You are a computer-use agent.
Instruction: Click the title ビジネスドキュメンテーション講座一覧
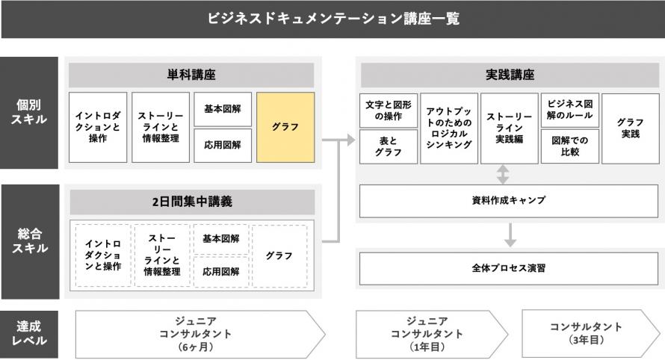(333, 19)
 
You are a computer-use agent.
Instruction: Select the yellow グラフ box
(285, 127)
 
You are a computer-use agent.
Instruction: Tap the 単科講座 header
(191, 75)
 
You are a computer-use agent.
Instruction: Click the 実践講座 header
(510, 75)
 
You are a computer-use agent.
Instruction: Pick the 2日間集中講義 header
(192, 202)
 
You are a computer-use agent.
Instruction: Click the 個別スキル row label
(29, 112)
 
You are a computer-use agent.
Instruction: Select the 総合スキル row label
(30, 241)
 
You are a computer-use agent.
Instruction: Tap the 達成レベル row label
(29, 334)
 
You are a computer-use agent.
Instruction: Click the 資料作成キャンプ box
(509, 201)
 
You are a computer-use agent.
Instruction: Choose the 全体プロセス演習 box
(509, 268)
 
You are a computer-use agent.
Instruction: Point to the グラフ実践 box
(630, 128)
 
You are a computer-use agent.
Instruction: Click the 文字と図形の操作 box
(389, 111)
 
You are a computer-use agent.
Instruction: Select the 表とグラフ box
(389, 146)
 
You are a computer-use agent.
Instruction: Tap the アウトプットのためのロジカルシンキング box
(449, 128)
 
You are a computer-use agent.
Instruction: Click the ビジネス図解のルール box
(570, 111)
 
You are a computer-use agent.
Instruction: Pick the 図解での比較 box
(570, 146)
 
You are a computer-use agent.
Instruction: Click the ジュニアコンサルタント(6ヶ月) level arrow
(200, 334)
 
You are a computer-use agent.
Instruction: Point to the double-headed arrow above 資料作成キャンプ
(503, 174)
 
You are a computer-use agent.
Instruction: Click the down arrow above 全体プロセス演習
(510, 235)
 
